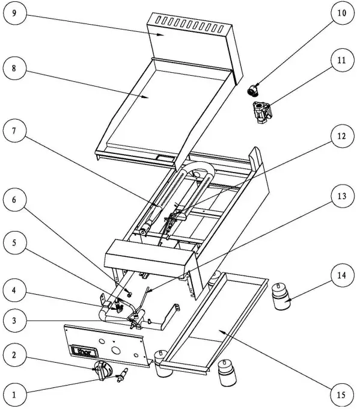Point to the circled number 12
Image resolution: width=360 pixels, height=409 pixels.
[341, 137]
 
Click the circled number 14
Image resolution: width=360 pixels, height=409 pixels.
[341, 274]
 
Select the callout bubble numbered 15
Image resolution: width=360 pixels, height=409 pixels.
[341, 395]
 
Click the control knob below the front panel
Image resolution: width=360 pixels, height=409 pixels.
[102, 370]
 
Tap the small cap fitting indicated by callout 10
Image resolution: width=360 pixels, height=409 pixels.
[255, 90]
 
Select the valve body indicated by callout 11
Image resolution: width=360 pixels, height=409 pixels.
[263, 113]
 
